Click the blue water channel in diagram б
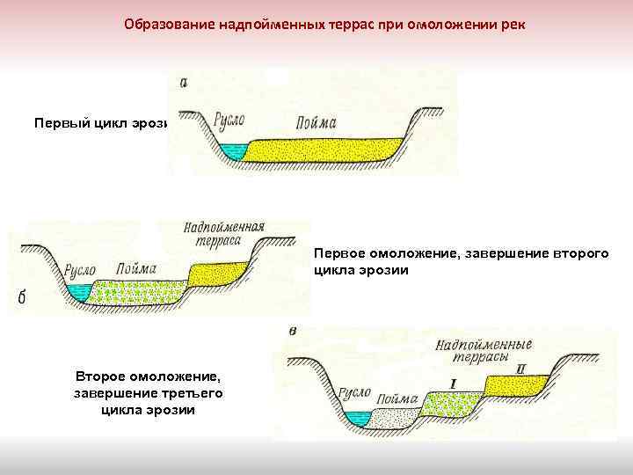pyautogui.click(x=81, y=291)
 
